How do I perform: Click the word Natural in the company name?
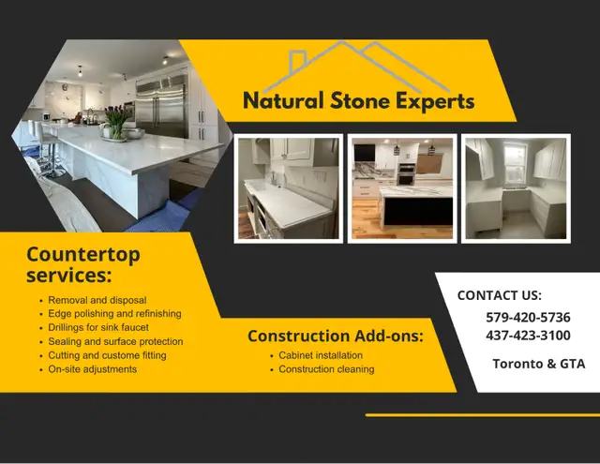click(x=283, y=100)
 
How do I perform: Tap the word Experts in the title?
click(x=435, y=102)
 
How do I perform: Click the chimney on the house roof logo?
click(x=297, y=61)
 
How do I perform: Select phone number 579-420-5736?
click(x=528, y=317)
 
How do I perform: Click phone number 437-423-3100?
click(x=528, y=335)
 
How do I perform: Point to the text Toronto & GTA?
click(x=539, y=364)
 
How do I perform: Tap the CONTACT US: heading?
click(x=500, y=295)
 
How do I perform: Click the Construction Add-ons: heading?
click(x=336, y=336)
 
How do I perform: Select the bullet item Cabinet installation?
click(x=321, y=355)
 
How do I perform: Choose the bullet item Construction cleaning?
click(x=326, y=369)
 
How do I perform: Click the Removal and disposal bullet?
click(x=97, y=300)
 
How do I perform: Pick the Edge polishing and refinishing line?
click(x=114, y=314)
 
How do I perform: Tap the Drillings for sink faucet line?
click(x=98, y=327)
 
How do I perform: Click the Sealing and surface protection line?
click(x=115, y=341)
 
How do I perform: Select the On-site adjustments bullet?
click(x=93, y=369)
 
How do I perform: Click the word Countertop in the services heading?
click(x=83, y=255)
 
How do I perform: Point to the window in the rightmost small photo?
click(x=515, y=162)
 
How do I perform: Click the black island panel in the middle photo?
click(x=418, y=211)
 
